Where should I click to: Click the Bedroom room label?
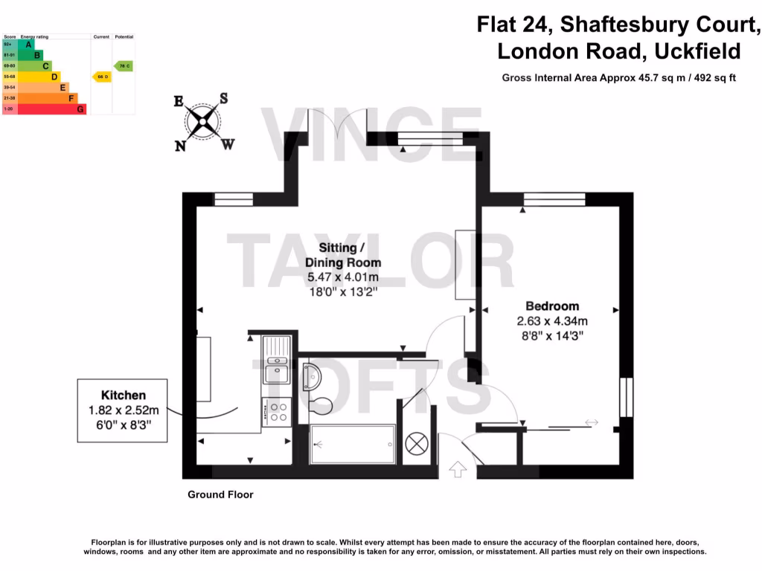(x=552, y=306)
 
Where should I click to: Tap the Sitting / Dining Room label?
(x=343, y=255)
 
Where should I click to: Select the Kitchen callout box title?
(x=124, y=396)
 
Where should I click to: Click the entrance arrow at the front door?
(x=458, y=468)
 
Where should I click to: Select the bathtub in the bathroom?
(x=351, y=445)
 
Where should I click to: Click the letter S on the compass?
(x=223, y=98)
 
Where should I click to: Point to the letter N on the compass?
(x=180, y=146)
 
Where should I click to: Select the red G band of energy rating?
(x=51, y=109)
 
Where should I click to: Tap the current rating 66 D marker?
(x=101, y=77)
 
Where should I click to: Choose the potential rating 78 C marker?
(x=124, y=66)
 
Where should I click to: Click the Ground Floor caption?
(x=220, y=494)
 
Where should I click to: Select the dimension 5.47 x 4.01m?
(x=343, y=277)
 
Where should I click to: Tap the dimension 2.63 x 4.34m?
(x=552, y=321)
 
